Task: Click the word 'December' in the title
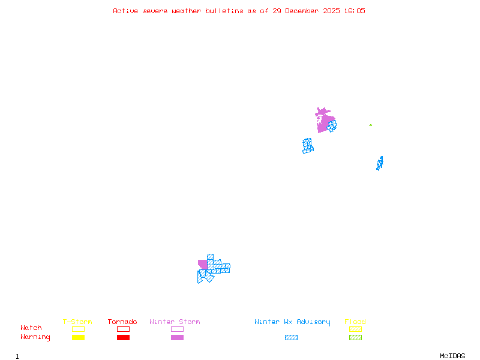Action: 302,11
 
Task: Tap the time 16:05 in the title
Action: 355,11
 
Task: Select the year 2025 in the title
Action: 331,11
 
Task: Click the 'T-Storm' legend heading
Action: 77,322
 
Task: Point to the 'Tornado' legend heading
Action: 122,322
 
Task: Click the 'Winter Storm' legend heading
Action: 175,322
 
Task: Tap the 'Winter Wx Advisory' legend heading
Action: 292,322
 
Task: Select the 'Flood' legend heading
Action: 355,322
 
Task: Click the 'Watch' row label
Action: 31,328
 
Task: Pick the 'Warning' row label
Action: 35,337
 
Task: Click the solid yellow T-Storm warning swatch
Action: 79,338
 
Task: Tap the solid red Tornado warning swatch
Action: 124,338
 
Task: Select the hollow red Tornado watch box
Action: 124,326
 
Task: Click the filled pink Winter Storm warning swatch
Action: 177,338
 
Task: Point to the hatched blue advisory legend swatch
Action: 291,338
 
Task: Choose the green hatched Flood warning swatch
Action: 355,338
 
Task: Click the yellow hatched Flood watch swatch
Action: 355,329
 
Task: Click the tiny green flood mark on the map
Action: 370,125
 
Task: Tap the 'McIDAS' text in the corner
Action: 452,356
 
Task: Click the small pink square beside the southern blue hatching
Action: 203,265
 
